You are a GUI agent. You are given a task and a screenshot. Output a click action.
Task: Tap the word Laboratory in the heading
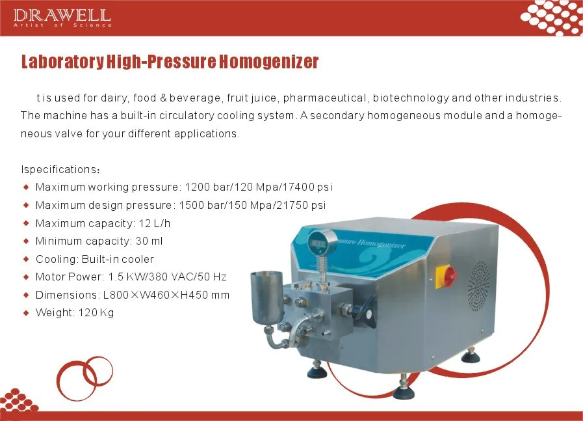[x=61, y=62]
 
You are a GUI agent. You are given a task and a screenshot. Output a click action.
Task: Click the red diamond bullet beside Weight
[x=27, y=313]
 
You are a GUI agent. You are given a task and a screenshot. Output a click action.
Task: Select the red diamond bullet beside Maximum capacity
[x=27, y=223]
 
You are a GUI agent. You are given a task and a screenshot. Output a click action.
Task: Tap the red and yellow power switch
[x=449, y=276]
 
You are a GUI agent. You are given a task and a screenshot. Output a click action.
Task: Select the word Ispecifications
[x=58, y=170]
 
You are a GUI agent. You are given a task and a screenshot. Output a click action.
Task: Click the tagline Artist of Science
[x=62, y=25]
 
